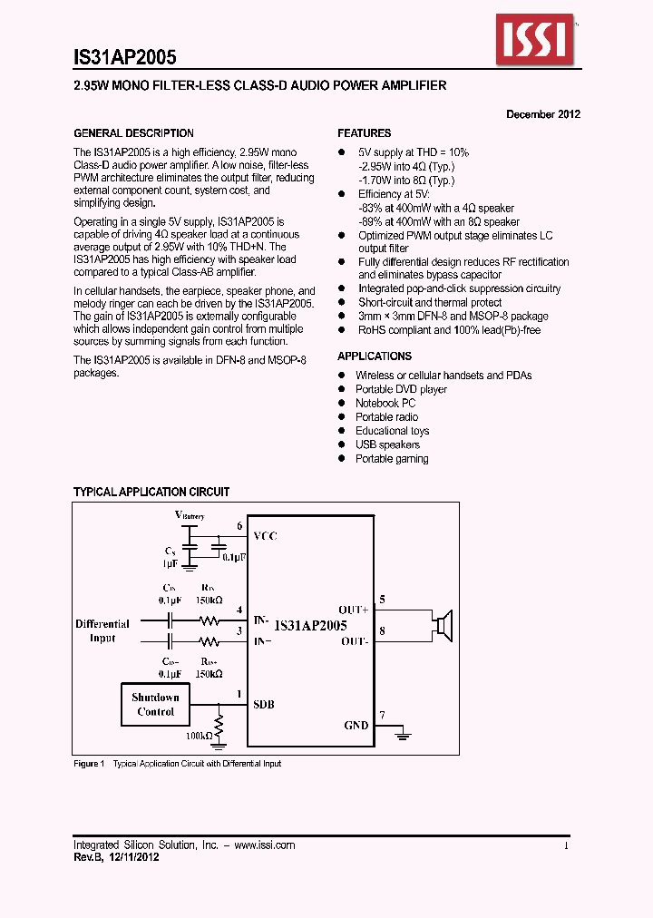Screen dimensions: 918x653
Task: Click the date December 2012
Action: [542, 114]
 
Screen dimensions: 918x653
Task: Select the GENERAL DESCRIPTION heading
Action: [133, 133]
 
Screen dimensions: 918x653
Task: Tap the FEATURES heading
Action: [365, 133]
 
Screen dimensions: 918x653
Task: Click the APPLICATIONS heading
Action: [375, 356]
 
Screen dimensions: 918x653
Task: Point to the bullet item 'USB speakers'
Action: [387, 444]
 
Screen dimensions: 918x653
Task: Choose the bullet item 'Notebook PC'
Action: [385, 403]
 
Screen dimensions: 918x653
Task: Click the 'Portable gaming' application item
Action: [392, 459]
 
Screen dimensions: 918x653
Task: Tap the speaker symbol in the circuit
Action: [442, 625]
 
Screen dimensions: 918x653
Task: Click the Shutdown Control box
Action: [156, 704]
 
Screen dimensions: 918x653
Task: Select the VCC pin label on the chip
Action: [265, 536]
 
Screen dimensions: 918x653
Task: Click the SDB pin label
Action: [264, 705]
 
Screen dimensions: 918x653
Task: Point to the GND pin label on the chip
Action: [356, 725]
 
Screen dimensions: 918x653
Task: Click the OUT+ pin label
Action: [354, 610]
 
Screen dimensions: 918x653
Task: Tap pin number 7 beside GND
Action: [382, 716]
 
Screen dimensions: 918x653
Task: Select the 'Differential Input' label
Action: [102, 630]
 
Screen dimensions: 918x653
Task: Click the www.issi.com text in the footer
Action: [265, 845]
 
